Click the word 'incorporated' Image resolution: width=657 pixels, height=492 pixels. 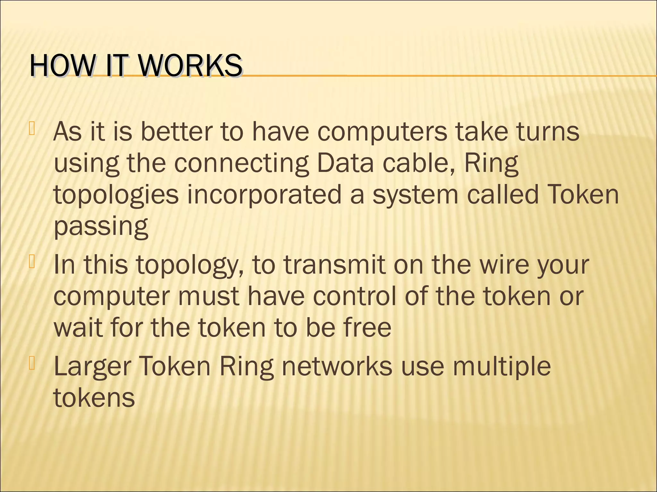(264, 194)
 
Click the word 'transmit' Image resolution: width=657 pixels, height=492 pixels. (334, 265)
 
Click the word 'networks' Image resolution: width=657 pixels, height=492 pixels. (337, 365)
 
